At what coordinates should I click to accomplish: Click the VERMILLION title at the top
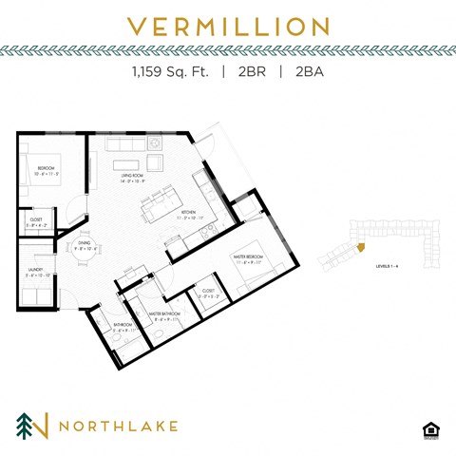(227, 26)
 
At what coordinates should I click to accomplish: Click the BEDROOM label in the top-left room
(47, 169)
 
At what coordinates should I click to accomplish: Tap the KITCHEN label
(187, 213)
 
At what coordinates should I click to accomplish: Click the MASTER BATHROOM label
(164, 312)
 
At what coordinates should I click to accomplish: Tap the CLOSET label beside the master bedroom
(208, 290)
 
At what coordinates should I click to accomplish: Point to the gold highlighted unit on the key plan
(362, 249)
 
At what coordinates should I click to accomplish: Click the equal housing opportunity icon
(431, 428)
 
